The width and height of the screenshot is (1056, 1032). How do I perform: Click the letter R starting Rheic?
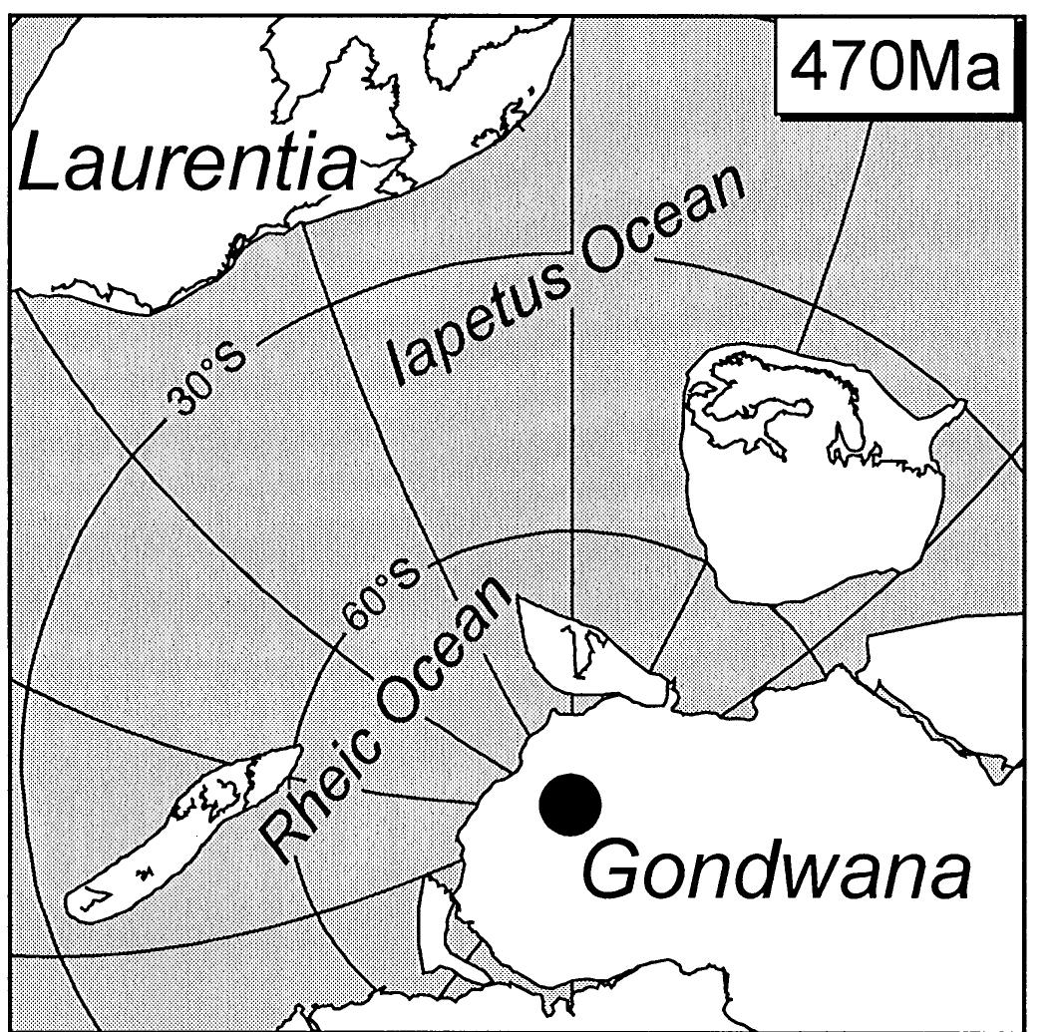289,833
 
